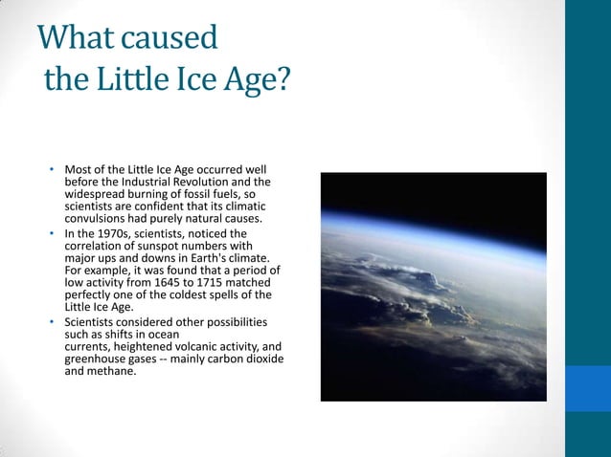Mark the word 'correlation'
click(x=95, y=246)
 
